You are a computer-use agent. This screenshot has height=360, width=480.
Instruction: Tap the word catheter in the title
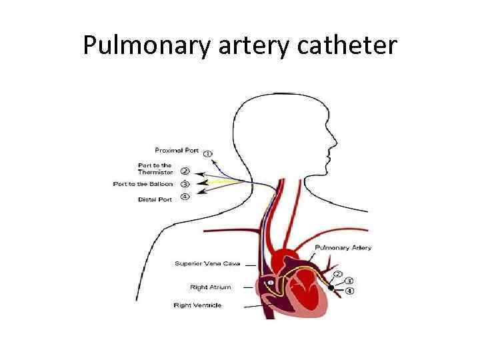[x=348, y=45]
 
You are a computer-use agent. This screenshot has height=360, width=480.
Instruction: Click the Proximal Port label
[x=177, y=149]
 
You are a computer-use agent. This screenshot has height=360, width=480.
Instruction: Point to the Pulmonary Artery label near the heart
[x=343, y=247]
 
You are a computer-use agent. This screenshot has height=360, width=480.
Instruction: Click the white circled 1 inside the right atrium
[x=269, y=283]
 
